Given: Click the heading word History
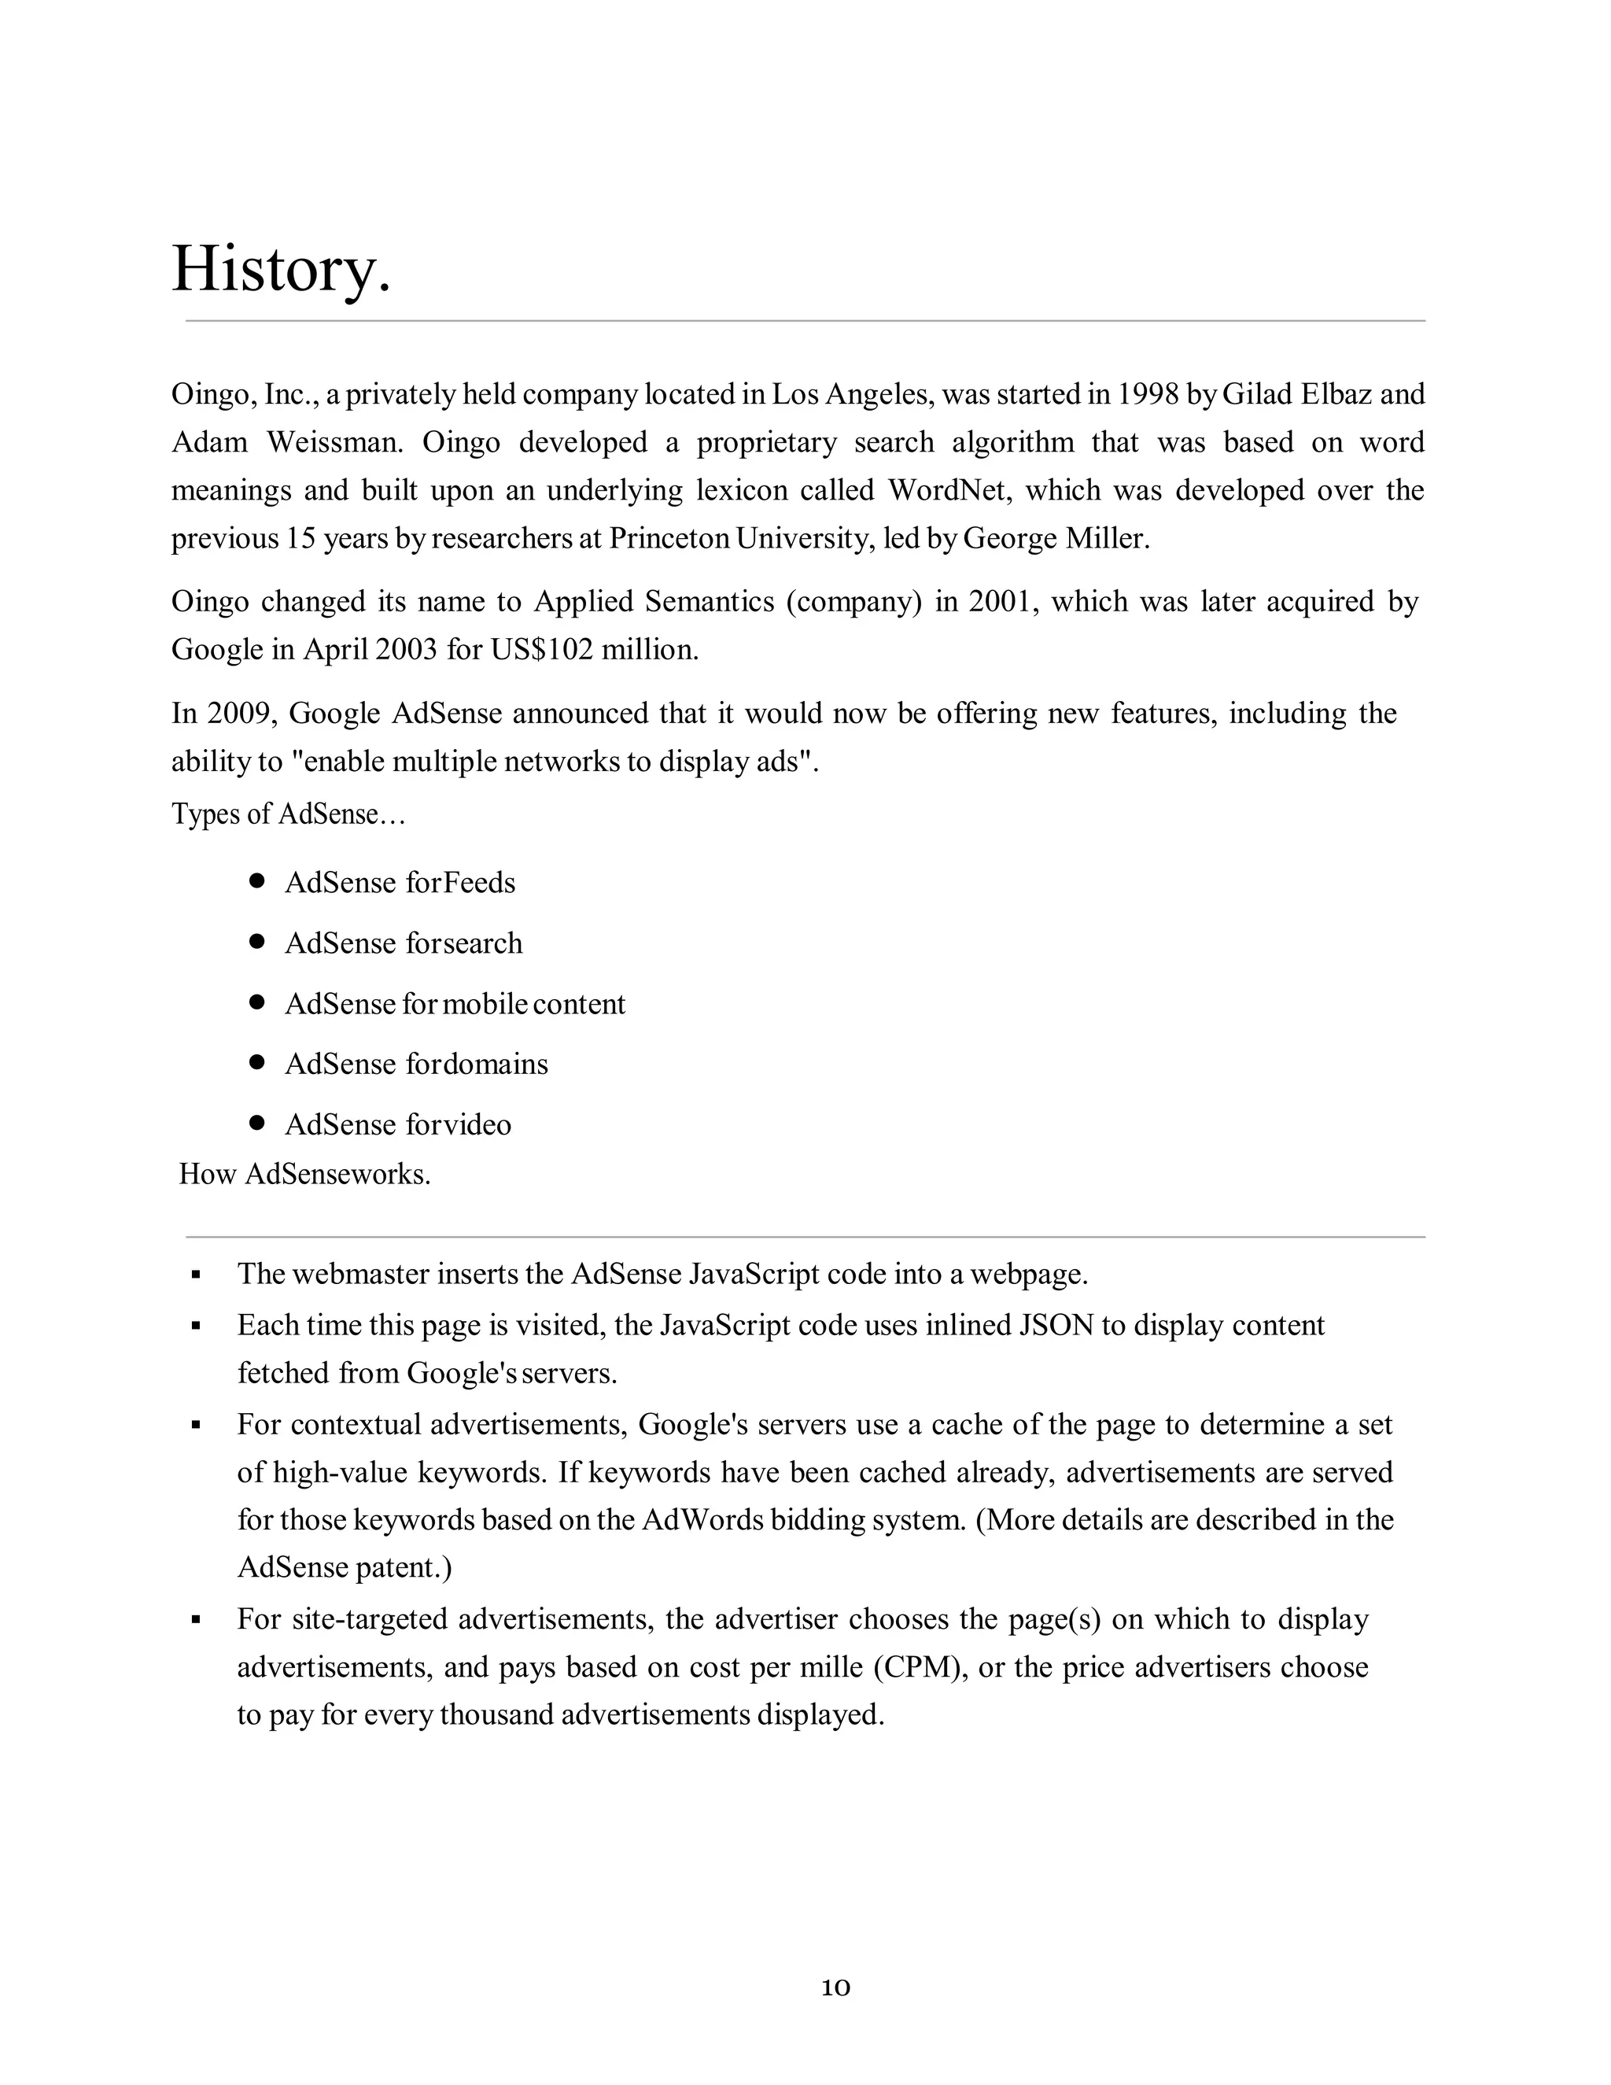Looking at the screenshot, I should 281,269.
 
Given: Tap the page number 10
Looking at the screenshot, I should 835,1987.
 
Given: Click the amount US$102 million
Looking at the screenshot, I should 595,650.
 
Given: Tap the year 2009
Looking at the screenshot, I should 228,713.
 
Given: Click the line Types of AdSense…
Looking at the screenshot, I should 288,814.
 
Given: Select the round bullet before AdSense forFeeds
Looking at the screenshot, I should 256,880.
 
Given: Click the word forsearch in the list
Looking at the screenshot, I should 464,943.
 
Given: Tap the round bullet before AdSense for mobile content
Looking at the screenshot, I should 256,1002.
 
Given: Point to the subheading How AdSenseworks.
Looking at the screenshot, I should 304,1174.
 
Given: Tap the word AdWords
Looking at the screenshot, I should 702,1520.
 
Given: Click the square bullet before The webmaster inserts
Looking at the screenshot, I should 196,1275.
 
